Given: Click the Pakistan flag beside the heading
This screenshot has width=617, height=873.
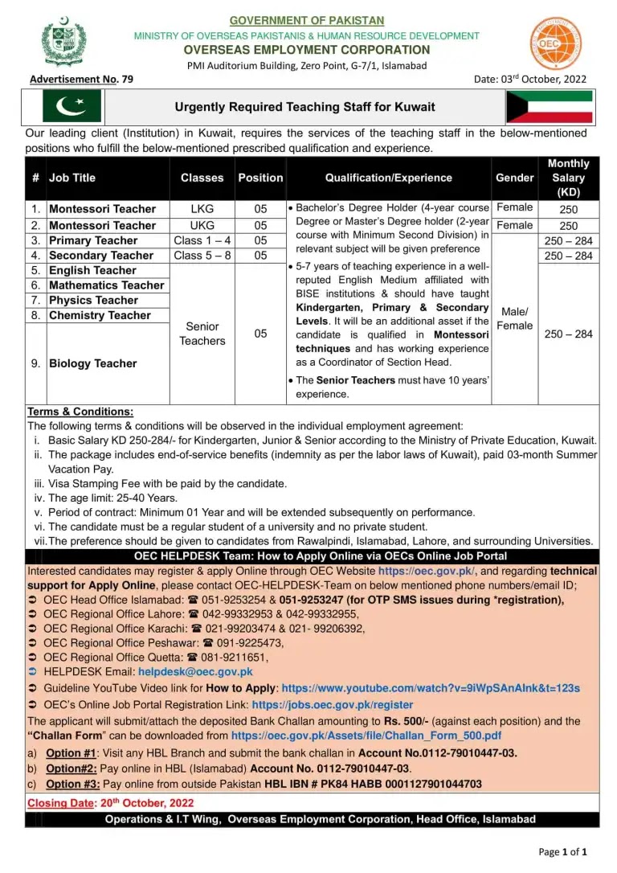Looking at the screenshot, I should click(72, 106).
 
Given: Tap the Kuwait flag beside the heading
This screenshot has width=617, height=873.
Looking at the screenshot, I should click(549, 106).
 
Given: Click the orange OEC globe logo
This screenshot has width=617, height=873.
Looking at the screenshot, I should click(554, 43).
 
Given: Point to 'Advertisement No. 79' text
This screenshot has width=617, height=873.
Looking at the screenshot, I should click(81, 79).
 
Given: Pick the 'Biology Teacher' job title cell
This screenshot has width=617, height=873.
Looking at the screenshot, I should click(92, 363).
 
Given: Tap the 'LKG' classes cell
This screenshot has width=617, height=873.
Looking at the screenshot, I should click(202, 208).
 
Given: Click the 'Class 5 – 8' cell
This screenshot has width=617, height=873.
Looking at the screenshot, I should click(202, 256).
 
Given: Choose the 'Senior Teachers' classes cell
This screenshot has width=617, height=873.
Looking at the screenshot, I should click(202, 334).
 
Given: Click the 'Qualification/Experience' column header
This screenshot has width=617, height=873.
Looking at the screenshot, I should click(389, 178).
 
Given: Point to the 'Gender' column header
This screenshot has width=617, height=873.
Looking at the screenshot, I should click(515, 178).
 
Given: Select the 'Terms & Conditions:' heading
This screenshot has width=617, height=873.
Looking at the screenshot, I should click(80, 412).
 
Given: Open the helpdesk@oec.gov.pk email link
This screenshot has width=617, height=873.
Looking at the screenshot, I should click(195, 672).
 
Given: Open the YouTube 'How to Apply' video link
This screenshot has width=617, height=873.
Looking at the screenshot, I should click(431, 688).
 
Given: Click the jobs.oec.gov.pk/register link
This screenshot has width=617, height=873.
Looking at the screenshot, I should click(333, 704).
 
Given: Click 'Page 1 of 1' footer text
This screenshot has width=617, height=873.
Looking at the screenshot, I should click(562, 851).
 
